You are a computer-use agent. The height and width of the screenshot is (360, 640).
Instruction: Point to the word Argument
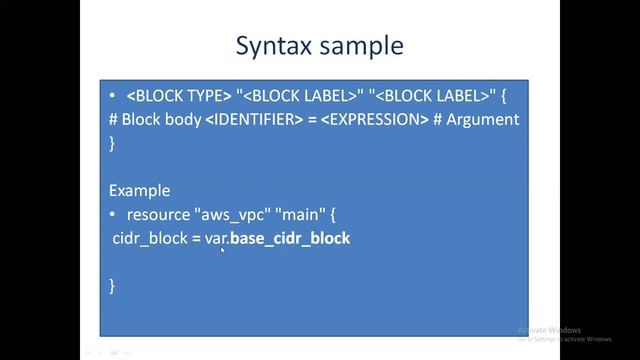[484, 120]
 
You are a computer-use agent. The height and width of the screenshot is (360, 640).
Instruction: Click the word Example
[139, 190]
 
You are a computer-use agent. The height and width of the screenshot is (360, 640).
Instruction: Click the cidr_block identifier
[149, 238]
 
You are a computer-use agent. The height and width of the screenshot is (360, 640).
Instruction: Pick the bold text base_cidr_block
[290, 238]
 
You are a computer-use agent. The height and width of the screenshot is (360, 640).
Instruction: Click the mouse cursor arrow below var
[222, 250]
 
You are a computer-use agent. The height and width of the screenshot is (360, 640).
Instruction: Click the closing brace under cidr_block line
[112, 285]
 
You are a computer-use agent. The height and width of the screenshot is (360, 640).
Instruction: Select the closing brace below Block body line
[112, 143]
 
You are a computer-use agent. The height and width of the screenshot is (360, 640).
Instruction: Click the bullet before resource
[113, 214]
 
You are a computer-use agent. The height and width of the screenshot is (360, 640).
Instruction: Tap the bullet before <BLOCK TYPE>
[113, 97]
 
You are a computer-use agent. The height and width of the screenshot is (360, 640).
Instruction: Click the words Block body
[160, 120]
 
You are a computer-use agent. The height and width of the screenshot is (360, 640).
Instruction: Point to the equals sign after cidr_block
[195, 238]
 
